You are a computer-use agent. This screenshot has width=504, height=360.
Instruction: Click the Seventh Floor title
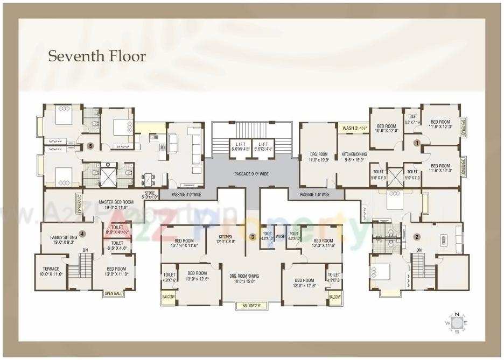97,56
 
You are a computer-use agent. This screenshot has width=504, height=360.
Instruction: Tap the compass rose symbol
457,322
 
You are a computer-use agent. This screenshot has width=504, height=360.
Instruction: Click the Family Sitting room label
64,239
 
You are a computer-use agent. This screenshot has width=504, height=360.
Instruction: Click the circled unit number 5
90,145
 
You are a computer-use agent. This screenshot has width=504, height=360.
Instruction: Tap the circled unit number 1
416,143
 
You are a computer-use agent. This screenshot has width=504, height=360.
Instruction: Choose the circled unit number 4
82,234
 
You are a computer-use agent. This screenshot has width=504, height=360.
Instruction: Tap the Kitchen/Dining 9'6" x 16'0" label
353,157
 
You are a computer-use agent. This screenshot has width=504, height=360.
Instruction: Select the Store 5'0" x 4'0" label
150,195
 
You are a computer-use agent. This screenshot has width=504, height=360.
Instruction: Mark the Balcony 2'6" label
251,306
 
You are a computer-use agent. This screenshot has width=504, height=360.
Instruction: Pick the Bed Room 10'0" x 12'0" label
387,128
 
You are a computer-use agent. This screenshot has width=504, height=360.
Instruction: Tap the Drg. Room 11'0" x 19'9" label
318,157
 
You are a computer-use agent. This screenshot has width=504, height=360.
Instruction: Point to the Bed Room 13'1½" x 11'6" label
185,243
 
